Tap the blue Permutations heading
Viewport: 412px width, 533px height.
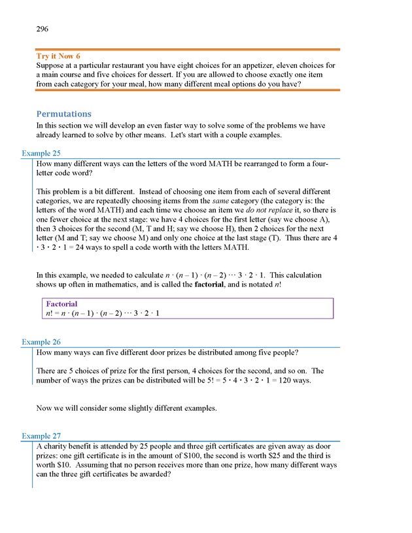click(64, 114)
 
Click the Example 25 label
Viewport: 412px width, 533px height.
click(41, 154)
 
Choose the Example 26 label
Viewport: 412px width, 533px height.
click(41, 342)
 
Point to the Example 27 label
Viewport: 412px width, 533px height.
click(41, 436)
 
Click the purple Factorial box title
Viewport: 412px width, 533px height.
click(61, 304)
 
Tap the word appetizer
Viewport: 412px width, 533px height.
click(279, 65)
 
